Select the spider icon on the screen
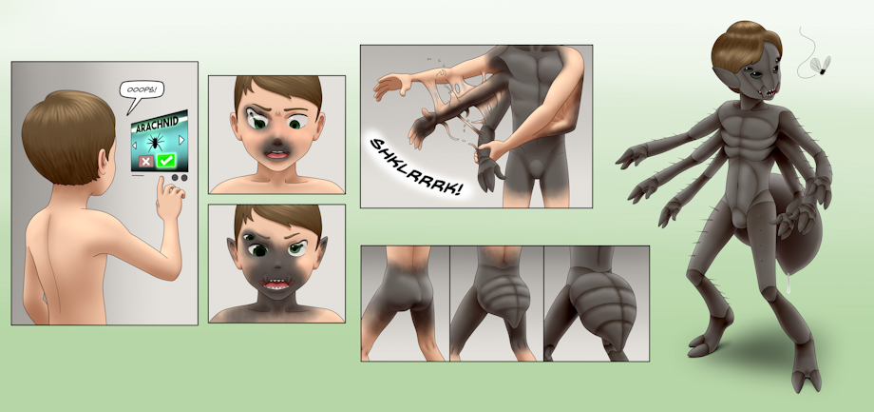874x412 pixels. [x=156, y=142]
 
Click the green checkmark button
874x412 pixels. [x=166, y=161]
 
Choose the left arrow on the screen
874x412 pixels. [x=134, y=146]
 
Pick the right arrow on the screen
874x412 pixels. [x=180, y=140]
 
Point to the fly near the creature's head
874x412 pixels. [x=821, y=66]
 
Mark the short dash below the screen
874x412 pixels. [x=137, y=175]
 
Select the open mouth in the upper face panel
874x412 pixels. [x=275, y=155]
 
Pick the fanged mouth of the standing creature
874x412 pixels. [x=770, y=91]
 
